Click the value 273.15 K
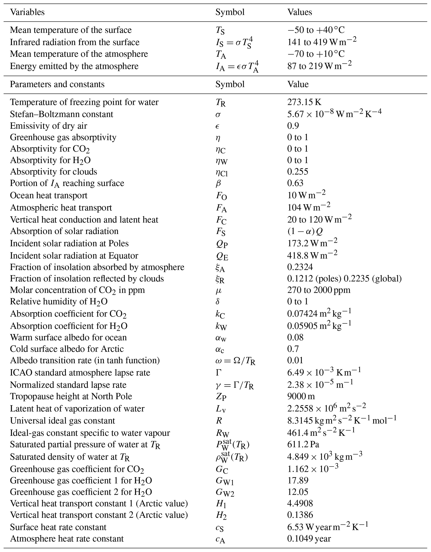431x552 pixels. click(x=304, y=102)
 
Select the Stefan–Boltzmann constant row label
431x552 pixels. click(x=62, y=114)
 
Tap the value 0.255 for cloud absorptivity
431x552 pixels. click(x=298, y=172)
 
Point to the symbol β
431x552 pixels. click(x=218, y=183)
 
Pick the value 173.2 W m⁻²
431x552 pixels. click(x=312, y=243)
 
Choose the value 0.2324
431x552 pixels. click(x=300, y=267)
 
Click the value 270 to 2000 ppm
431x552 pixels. click(x=319, y=290)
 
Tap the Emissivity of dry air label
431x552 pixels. click(x=48, y=126)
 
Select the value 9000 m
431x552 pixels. click(x=301, y=396)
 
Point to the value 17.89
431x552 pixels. click(x=298, y=480)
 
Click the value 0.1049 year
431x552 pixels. click(x=309, y=539)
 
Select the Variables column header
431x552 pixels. click(x=27, y=12)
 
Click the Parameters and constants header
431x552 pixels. click(x=57, y=84)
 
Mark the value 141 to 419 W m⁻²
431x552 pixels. click(x=322, y=42)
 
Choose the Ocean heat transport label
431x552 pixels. click(x=49, y=195)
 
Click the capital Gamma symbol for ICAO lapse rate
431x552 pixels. click(x=219, y=373)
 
